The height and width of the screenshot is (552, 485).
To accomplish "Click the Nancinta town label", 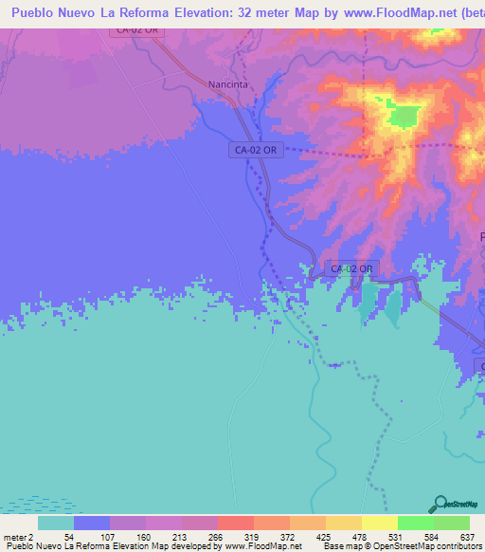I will point(227,84).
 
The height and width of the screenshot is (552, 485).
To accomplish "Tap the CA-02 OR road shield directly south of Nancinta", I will point(256,150).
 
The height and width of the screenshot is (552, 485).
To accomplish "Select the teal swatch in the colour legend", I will point(56,523).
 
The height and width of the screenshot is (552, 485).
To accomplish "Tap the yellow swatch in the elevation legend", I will point(380,523).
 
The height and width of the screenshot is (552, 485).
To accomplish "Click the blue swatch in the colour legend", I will point(92,523).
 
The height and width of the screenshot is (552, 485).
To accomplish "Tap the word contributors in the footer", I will point(454,546).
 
